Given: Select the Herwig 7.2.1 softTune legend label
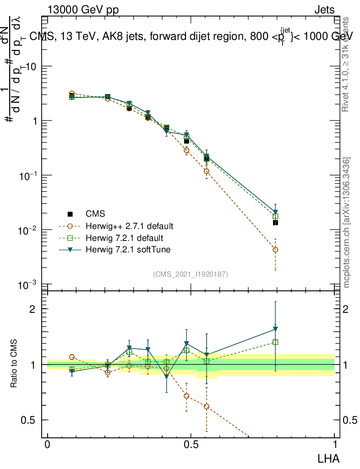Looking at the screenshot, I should tap(127, 250).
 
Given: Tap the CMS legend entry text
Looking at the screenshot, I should tap(95, 214).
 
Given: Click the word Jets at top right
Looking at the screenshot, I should tap(324, 11).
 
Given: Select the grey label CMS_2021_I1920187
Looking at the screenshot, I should tap(191, 274).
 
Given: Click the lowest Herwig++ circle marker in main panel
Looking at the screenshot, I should tap(275, 250).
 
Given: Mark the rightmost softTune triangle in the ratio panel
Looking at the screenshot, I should tap(275, 329).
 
